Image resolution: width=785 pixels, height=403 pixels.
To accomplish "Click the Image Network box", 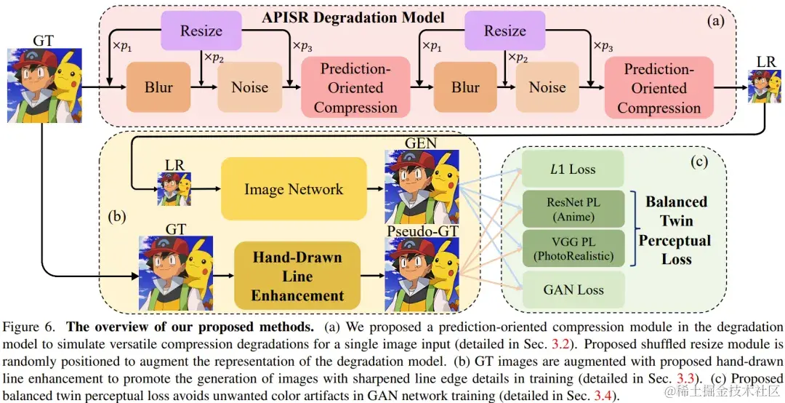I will pyautogui.click(x=294, y=189).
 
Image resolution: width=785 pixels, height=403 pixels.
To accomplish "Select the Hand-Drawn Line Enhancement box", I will pyautogui.click(x=297, y=276).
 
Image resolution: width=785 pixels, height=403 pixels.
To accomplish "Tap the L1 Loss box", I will pyautogui.click(x=573, y=169).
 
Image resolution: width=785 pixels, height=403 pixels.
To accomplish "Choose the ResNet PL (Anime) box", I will pyautogui.click(x=573, y=209).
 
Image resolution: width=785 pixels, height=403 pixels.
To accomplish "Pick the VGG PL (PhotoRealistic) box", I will pyautogui.click(x=573, y=247).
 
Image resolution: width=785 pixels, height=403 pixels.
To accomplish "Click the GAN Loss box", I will pyautogui.click(x=573, y=290).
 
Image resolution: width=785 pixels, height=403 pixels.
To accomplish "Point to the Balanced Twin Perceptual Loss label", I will pyautogui.click(x=676, y=230).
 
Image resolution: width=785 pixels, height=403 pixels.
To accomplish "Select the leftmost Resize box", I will pyautogui.click(x=202, y=31).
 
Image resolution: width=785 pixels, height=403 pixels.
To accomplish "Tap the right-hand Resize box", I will pyautogui.click(x=505, y=31).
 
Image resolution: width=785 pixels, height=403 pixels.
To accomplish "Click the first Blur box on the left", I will pyautogui.click(x=158, y=87).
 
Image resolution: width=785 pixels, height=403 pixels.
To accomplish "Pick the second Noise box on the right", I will pyautogui.click(x=547, y=87).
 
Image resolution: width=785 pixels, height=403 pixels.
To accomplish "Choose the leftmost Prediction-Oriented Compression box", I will pyautogui.click(x=355, y=87).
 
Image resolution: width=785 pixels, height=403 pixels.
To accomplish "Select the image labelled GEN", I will pyautogui.click(x=422, y=187).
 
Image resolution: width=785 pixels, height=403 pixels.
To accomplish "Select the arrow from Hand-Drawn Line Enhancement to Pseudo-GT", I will pyautogui.click(x=371, y=276).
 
